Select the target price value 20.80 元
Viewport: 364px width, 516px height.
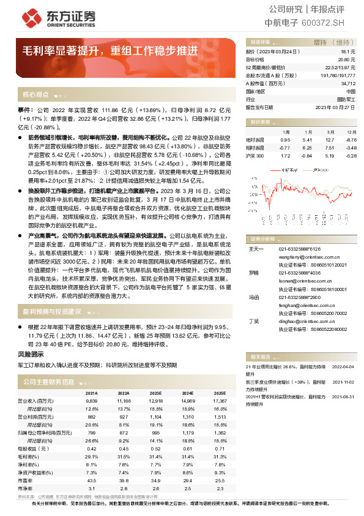click(347, 60)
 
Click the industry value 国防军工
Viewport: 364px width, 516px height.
click(347, 99)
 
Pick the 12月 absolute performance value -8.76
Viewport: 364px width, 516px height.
click(350, 140)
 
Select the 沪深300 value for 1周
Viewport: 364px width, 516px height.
click(284, 156)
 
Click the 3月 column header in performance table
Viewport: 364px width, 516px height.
click(329, 132)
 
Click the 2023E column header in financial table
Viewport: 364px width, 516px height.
click(156, 393)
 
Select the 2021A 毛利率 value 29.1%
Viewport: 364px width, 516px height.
click(91, 456)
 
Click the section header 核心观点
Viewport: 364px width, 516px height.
click(36, 95)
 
